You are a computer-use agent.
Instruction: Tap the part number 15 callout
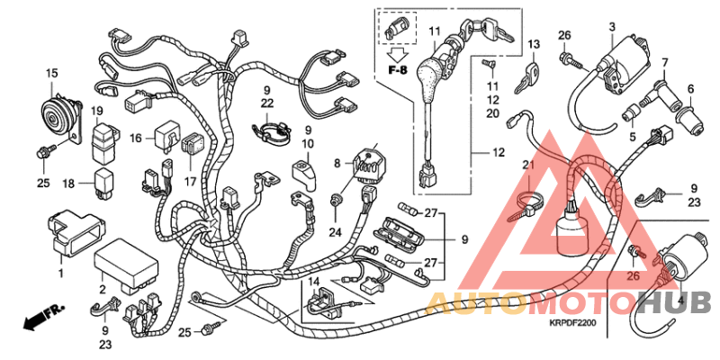(x=51, y=72)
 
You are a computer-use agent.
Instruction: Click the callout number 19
(x=97, y=110)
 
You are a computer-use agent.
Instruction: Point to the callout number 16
(x=136, y=139)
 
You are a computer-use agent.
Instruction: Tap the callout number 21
(x=527, y=164)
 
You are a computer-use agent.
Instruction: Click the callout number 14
(x=314, y=283)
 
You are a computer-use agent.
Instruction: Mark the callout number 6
(x=692, y=88)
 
